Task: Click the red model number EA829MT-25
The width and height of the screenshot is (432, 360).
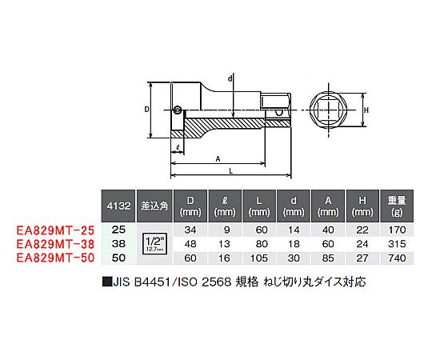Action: [x=55, y=230]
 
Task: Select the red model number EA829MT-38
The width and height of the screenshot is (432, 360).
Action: [x=55, y=244]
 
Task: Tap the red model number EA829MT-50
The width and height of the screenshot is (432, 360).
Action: [x=55, y=258]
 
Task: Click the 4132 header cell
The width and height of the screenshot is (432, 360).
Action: [x=118, y=206]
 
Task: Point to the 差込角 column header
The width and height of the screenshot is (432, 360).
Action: [x=154, y=206]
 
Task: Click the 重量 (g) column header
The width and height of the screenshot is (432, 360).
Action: [x=397, y=206]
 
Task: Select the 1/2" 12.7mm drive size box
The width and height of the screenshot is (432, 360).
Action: [x=155, y=244]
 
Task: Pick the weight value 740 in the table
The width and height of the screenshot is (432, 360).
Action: [x=397, y=258]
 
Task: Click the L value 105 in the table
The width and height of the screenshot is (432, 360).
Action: [x=259, y=258]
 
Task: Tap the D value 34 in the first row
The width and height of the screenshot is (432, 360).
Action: [x=190, y=230]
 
